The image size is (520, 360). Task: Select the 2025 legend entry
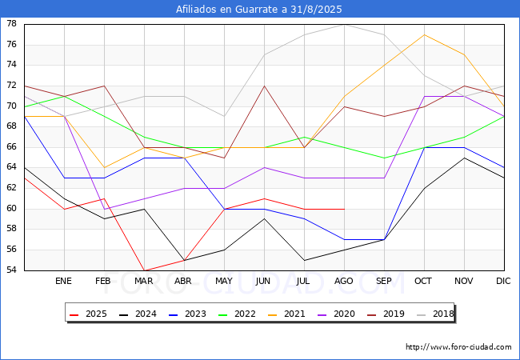tap(88, 314)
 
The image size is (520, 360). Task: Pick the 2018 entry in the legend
tap(434, 314)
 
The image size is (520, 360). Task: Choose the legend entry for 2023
tap(187, 314)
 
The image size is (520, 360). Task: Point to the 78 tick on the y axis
tap(12, 23)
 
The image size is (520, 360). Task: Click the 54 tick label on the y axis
tap(12, 270)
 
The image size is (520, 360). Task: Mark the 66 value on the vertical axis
tap(12, 146)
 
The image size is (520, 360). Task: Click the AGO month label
tap(344, 281)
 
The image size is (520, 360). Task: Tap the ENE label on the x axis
tap(63, 281)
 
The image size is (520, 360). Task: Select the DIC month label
tap(503, 281)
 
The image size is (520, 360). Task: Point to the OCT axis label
tap(423, 281)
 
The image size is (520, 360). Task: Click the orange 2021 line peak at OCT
tap(425, 34)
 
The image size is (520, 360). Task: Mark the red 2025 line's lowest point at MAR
tap(144, 270)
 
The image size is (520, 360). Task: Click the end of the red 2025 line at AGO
tap(345, 209)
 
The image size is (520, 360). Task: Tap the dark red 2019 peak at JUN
tap(264, 86)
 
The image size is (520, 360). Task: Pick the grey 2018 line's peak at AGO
tap(345, 25)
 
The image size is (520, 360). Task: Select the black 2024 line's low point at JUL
tap(305, 260)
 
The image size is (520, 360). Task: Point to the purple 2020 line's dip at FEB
tap(105, 209)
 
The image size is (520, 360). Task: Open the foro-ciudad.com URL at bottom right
tap(458, 347)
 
